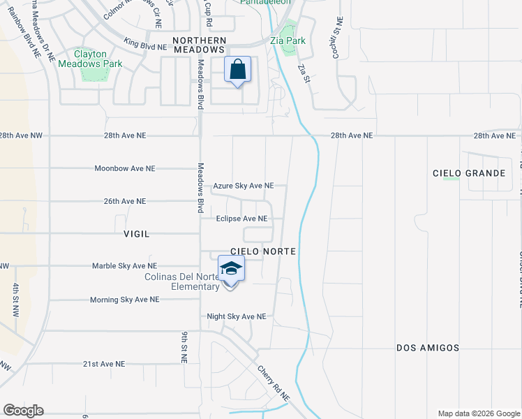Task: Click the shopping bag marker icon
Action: pyautogui.click(x=238, y=71)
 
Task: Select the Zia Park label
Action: pyautogui.click(x=292, y=41)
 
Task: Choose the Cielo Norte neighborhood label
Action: pyautogui.click(x=264, y=251)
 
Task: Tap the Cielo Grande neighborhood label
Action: pyautogui.click(x=469, y=173)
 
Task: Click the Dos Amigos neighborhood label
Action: pyautogui.click(x=428, y=347)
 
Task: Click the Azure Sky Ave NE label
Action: pyautogui.click(x=244, y=186)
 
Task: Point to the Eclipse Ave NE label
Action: pyautogui.click(x=241, y=219)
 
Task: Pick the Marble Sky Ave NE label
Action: pyautogui.click(x=125, y=266)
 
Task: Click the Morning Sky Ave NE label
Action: pyautogui.click(x=125, y=300)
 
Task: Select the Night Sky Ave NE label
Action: pyautogui.click(x=237, y=316)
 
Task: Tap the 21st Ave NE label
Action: pyautogui.click(x=104, y=364)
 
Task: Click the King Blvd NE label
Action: pyautogui.click(x=145, y=43)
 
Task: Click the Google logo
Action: pyautogui.click(x=23, y=411)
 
